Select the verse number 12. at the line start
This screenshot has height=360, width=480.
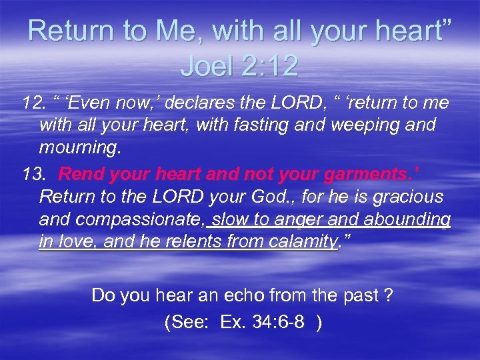click(x=33, y=104)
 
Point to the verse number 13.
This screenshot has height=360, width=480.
click(x=33, y=175)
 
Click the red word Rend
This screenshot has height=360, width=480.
click(x=81, y=175)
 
